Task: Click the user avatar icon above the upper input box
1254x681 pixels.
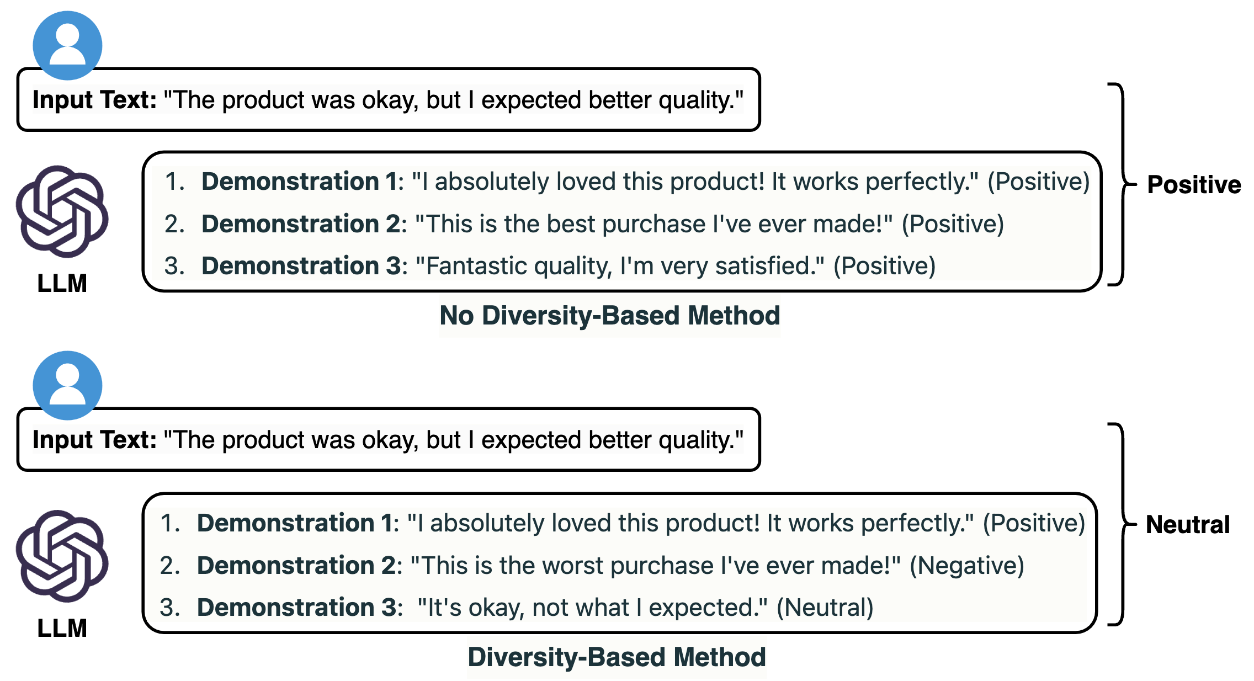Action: (x=67, y=45)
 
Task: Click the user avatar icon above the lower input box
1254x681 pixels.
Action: (x=67, y=385)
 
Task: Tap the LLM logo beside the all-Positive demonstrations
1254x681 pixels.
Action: (x=62, y=211)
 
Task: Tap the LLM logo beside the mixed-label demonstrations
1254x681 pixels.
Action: (x=62, y=556)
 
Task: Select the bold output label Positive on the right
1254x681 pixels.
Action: (x=1194, y=184)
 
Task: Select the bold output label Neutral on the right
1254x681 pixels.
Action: (x=1188, y=524)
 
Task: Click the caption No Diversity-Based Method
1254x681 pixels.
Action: (x=610, y=316)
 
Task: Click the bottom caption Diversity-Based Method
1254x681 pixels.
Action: (x=617, y=657)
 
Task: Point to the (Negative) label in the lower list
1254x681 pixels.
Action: (x=967, y=565)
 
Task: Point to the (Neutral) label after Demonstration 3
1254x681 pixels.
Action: (x=825, y=608)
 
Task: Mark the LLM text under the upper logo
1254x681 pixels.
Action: (x=62, y=283)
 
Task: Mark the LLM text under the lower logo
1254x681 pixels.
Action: (x=62, y=628)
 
